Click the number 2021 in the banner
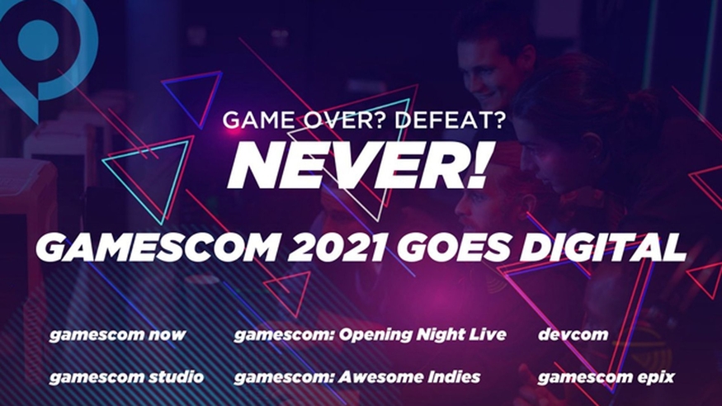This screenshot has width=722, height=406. point(337,248)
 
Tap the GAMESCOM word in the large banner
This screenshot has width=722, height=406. point(157,248)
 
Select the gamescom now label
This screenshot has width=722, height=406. point(117,335)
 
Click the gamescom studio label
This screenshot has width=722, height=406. point(126,377)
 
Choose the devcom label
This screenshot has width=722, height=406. point(573,335)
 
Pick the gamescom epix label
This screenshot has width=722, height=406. point(606,378)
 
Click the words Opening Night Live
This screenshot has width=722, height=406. point(422,335)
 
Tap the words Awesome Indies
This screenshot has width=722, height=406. point(409,377)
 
